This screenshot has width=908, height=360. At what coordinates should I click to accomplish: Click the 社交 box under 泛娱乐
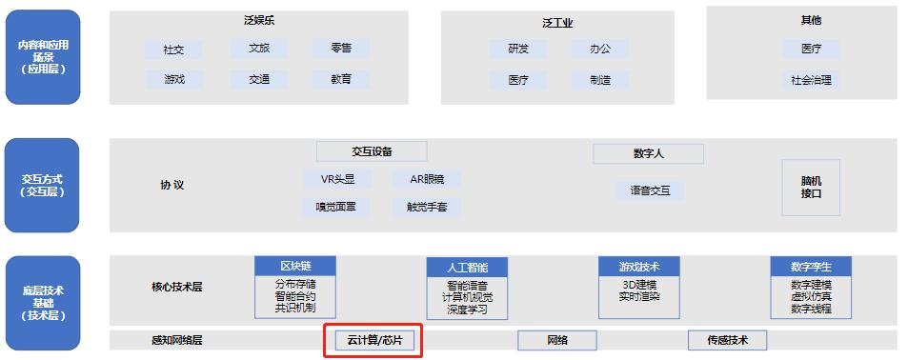(x=174, y=49)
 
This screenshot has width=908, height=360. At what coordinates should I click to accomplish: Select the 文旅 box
(x=258, y=48)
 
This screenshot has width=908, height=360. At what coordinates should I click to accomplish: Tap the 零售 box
(x=340, y=48)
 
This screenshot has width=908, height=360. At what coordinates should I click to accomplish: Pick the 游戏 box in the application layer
(x=174, y=79)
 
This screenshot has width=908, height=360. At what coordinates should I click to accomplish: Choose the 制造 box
(x=599, y=80)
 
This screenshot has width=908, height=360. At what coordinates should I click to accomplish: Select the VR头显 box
(x=337, y=178)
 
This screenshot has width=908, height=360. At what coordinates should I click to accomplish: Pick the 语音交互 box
(x=650, y=190)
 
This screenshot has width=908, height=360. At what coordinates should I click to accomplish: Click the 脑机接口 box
(x=811, y=186)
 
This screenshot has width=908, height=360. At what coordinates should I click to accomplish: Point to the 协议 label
(x=172, y=186)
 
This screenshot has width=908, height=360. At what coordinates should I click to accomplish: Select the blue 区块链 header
(x=295, y=266)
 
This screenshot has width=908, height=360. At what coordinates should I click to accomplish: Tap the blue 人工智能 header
(x=467, y=268)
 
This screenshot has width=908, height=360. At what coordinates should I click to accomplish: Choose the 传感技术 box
(x=727, y=340)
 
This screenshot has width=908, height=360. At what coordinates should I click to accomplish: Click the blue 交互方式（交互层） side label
(x=46, y=184)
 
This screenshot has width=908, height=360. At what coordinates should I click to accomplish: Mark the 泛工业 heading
(x=557, y=22)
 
